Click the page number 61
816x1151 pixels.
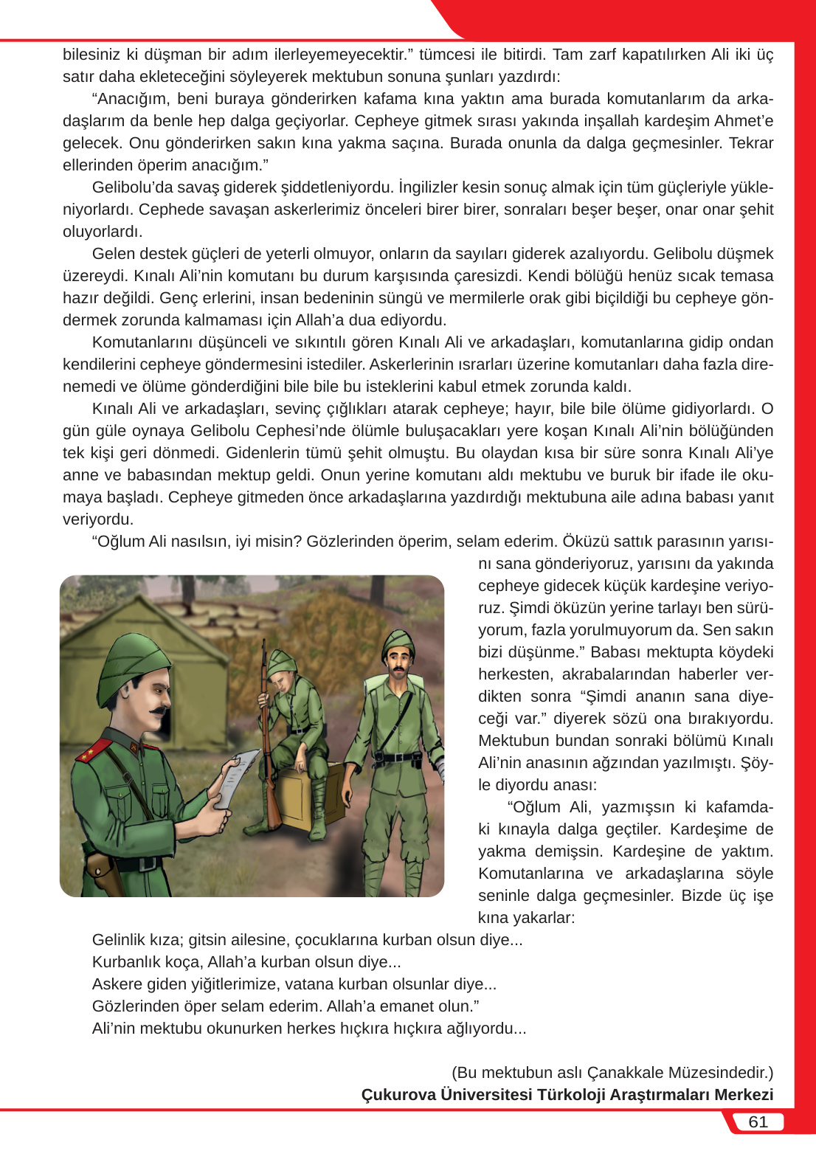click(758, 1121)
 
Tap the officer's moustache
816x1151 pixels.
click(159, 711)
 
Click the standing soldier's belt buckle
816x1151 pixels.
click(398, 757)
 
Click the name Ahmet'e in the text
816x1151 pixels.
click(744, 121)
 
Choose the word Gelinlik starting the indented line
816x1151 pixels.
click(121, 940)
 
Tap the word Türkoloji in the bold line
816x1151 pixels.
click(572, 1094)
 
